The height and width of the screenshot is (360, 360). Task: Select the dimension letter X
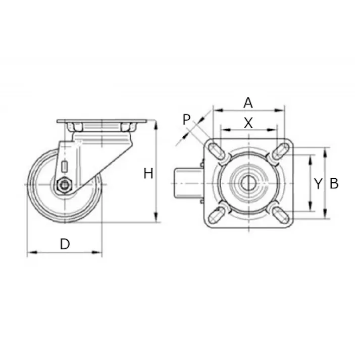coord(248,123)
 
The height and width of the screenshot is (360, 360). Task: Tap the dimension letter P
coord(186,120)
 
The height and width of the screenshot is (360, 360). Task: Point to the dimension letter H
coord(148,174)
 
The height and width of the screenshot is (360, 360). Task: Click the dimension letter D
coord(65,244)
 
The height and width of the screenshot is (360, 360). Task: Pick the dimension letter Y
coord(318,184)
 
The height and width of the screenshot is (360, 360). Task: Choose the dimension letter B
coord(334,184)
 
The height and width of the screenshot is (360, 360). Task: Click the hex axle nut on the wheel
coord(65,185)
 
